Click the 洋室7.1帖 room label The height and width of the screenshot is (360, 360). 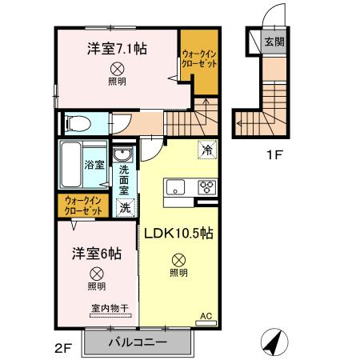117,48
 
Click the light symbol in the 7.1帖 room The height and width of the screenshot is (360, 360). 117,69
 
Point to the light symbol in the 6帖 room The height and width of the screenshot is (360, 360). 96,272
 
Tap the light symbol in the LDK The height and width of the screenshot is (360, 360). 178,259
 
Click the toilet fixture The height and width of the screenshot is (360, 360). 76,124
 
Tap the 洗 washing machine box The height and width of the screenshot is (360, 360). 125,206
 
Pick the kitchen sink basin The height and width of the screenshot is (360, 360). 175,188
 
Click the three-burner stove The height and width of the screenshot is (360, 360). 206,188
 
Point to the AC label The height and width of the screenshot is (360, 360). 206,316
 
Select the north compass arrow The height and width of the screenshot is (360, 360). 274,343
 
